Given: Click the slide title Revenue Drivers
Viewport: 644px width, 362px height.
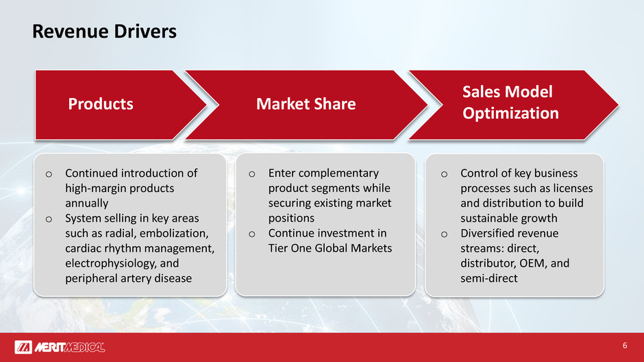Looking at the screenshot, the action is [104, 32].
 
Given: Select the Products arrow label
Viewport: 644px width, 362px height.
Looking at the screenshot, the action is [101, 104].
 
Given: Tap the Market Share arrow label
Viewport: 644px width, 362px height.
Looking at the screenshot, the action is [306, 104].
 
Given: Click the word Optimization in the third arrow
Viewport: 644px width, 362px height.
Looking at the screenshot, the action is [510, 113].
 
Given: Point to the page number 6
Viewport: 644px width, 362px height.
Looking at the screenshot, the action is [625, 346].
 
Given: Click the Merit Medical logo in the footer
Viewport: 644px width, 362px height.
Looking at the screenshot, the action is [60, 347].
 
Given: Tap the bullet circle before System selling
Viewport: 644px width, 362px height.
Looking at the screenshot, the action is [49, 219].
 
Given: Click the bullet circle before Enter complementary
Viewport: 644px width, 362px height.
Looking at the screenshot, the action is [251, 174].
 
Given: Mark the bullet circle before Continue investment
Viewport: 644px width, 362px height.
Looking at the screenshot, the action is [251, 234].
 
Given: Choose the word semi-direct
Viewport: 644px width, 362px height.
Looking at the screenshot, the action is [488, 278].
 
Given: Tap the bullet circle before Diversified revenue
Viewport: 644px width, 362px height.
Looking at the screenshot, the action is [444, 234].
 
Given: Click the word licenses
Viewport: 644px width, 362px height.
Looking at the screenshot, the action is [573, 188].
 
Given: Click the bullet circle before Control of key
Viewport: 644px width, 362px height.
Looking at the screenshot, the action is [444, 174].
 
